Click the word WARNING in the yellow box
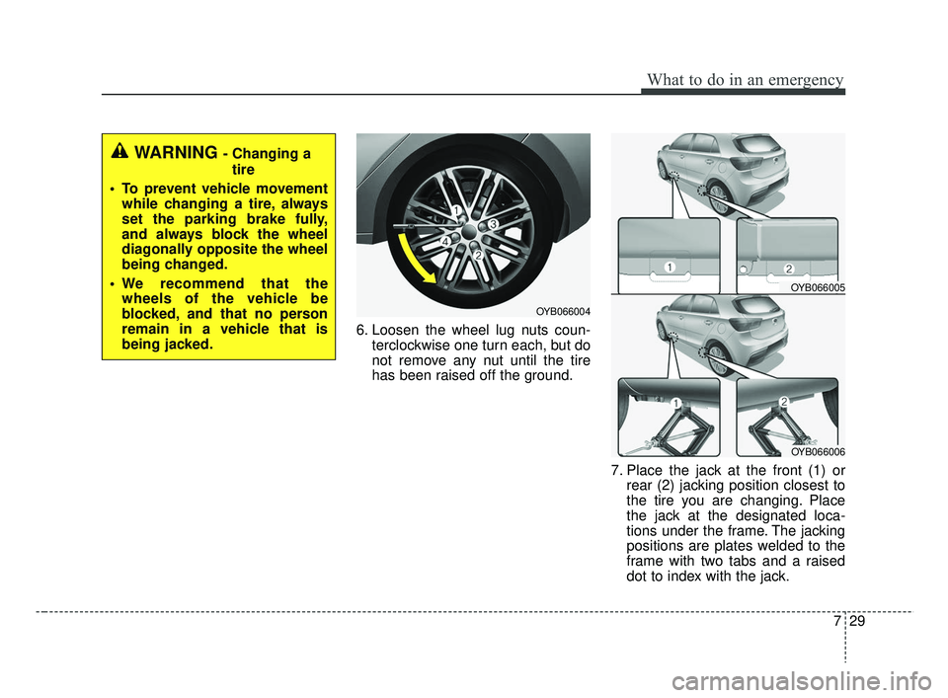pos(176,152)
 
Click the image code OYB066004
pos(562,311)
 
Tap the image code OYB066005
pos(818,287)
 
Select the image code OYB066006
pos(818,451)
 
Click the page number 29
pos(857,621)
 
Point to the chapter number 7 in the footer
pos(836,621)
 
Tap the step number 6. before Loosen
pos(361,330)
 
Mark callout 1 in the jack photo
pos(675,403)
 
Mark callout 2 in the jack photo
pos(783,402)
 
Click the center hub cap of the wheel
pos(468,230)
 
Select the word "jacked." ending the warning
pos(189,345)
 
